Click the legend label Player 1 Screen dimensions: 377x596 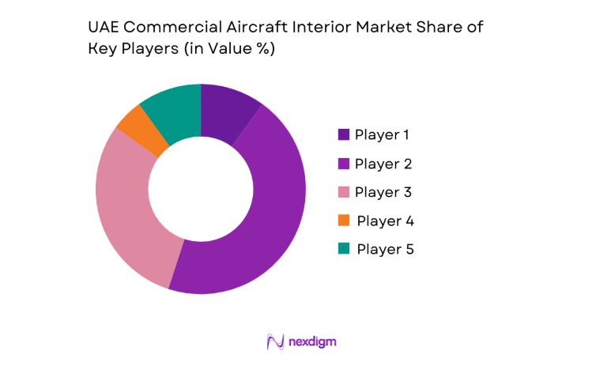tap(382, 134)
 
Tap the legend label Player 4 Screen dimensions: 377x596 tap(385, 221)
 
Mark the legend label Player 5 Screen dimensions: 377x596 tap(385, 249)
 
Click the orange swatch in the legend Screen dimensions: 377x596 tap(344, 221)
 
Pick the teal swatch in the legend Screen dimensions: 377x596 tap(344, 249)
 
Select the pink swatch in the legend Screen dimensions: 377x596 tap(344, 192)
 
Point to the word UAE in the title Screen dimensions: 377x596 tap(103, 27)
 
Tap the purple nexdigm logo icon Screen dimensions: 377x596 tap(275, 341)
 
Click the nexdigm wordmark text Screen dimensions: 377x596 tap(313, 341)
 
